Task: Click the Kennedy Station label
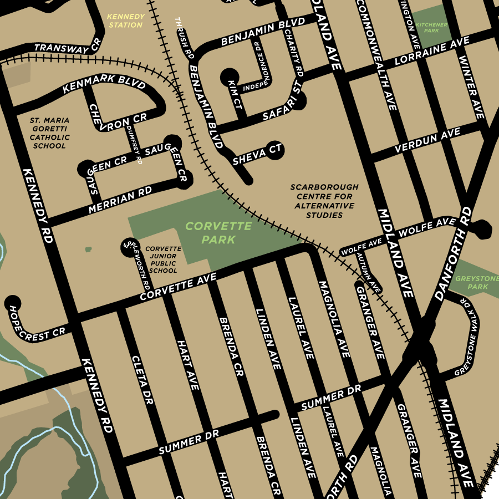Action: coord(126,21)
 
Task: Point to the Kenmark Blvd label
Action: coord(104,83)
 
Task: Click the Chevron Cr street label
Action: coord(117,116)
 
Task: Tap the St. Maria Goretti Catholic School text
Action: coord(49,133)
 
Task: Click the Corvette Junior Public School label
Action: coord(163,259)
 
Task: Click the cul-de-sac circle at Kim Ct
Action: coord(230,76)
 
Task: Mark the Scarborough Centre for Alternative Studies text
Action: coord(324,201)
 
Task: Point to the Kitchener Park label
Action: coord(427,27)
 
